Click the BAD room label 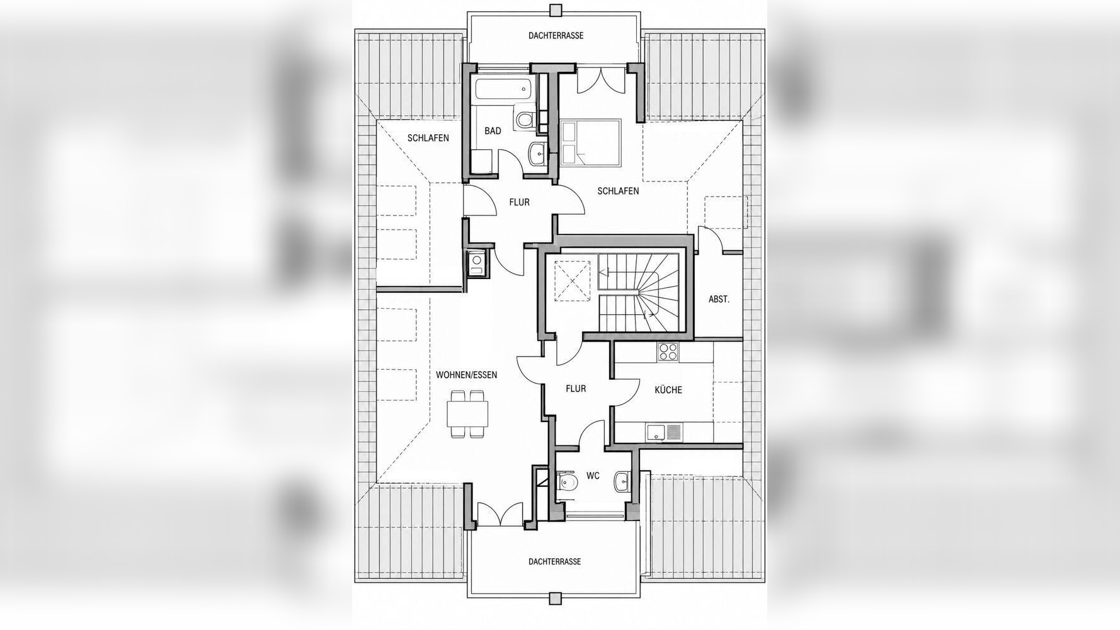pos(493,130)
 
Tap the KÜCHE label pos(668,390)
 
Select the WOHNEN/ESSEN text pos(466,375)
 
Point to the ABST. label pos(719,299)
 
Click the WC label pos(593,476)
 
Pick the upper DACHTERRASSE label pos(556,36)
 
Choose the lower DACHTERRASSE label pos(554,561)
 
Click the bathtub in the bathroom pos(505,89)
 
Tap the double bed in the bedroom pos(591,143)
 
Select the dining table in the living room pos(467,414)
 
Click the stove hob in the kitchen pos(667,351)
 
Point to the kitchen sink pos(664,432)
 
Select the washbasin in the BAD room pos(537,153)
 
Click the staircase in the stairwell pos(637,292)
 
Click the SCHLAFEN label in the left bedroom pos(428,138)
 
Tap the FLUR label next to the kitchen pos(576,389)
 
